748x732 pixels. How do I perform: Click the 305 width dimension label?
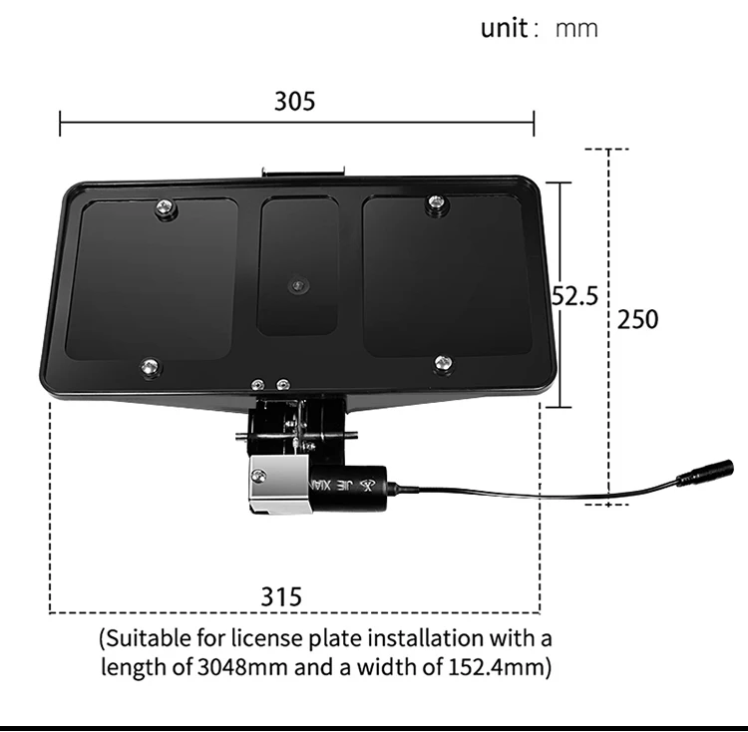point(294,101)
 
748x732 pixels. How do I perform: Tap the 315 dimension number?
point(281,596)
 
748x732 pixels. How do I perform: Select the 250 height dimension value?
point(637,319)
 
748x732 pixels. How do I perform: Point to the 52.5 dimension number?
point(575,296)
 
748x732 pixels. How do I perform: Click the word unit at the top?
point(503,27)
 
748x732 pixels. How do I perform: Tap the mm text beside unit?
point(576,28)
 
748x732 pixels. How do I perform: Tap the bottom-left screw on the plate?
point(150,367)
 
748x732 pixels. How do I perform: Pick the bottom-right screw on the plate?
point(444,364)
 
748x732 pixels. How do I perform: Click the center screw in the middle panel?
point(297,286)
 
